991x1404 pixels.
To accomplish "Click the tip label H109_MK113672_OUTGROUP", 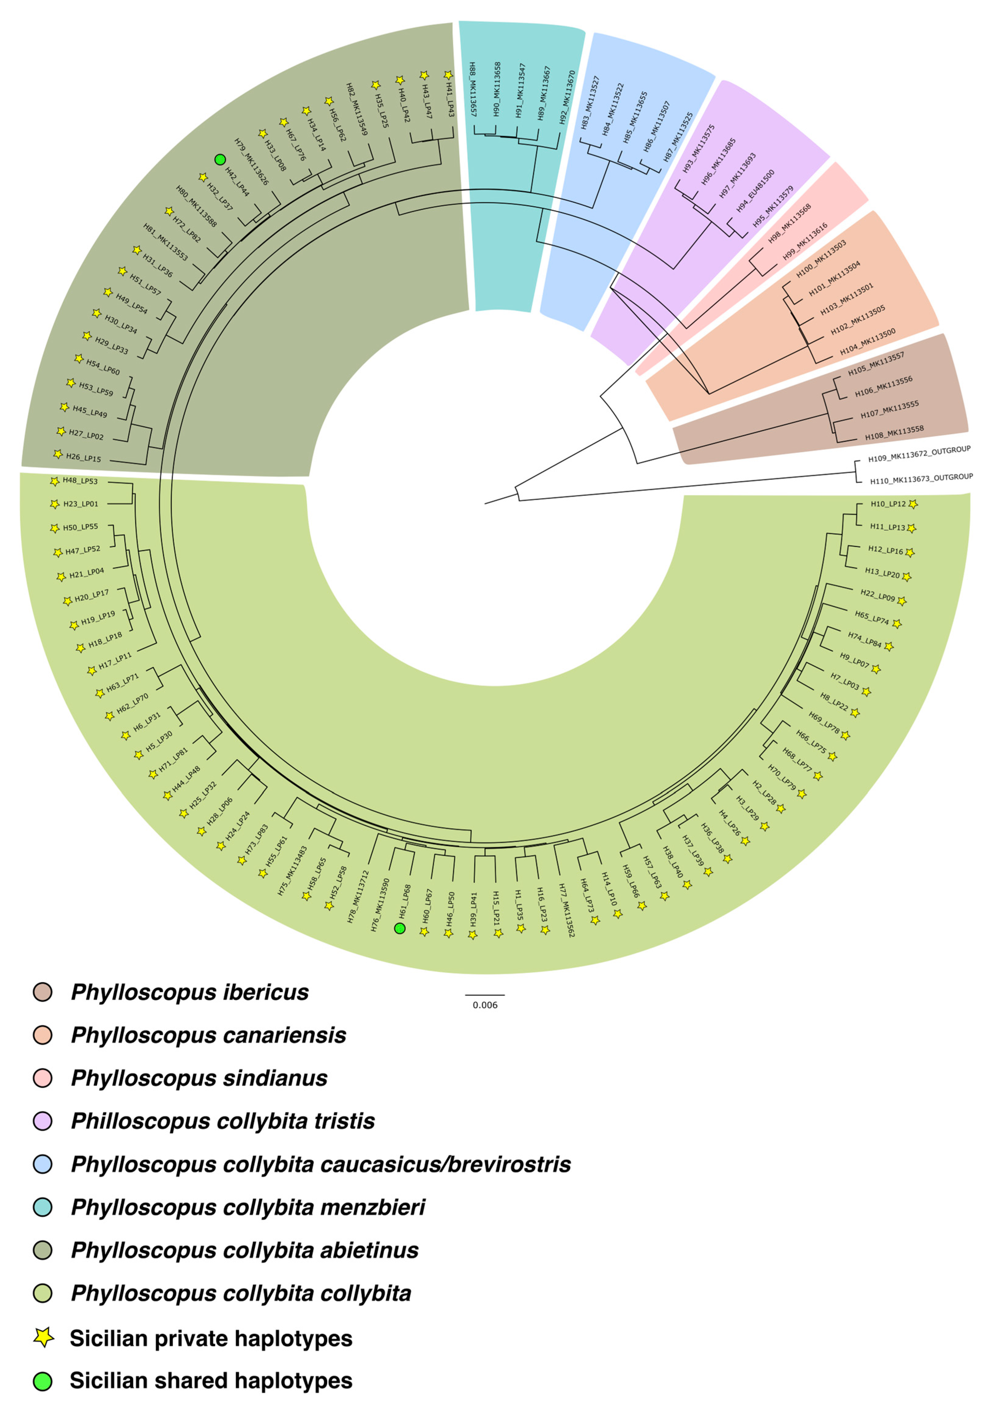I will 919,454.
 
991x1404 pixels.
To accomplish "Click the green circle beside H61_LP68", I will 400,928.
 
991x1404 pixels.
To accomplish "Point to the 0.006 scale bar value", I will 485,1005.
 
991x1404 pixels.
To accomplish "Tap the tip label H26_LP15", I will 84,457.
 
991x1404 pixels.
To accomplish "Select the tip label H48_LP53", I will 80,481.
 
